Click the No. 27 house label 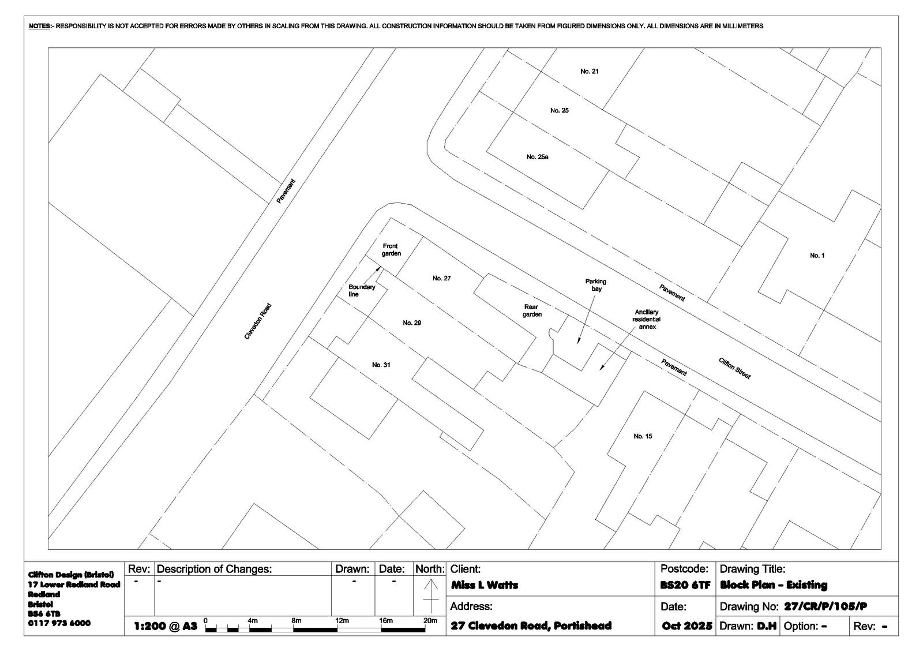(x=441, y=278)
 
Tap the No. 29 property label (x=412, y=323)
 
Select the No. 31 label (x=381, y=365)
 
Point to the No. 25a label (x=537, y=157)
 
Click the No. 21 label (x=589, y=72)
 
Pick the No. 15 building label (x=643, y=436)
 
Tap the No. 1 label (x=817, y=256)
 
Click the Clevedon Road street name (x=258, y=321)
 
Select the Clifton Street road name (x=735, y=368)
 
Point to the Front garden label (x=391, y=250)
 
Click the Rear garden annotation (x=532, y=311)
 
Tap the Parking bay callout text (x=596, y=285)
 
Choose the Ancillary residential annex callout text (x=647, y=320)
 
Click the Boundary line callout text (x=362, y=291)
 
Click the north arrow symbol (x=430, y=596)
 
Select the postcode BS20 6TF (x=685, y=585)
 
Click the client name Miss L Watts (x=485, y=585)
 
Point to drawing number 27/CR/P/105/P (x=826, y=606)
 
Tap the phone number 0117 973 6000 (x=59, y=623)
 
